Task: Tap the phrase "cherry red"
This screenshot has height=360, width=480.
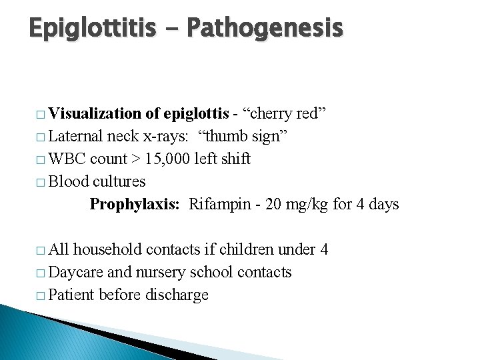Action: (x=285, y=113)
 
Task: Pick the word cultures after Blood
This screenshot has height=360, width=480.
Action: (x=119, y=181)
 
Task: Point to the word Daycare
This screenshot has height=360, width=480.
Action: (x=76, y=272)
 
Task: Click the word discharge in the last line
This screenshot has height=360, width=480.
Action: (x=179, y=295)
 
